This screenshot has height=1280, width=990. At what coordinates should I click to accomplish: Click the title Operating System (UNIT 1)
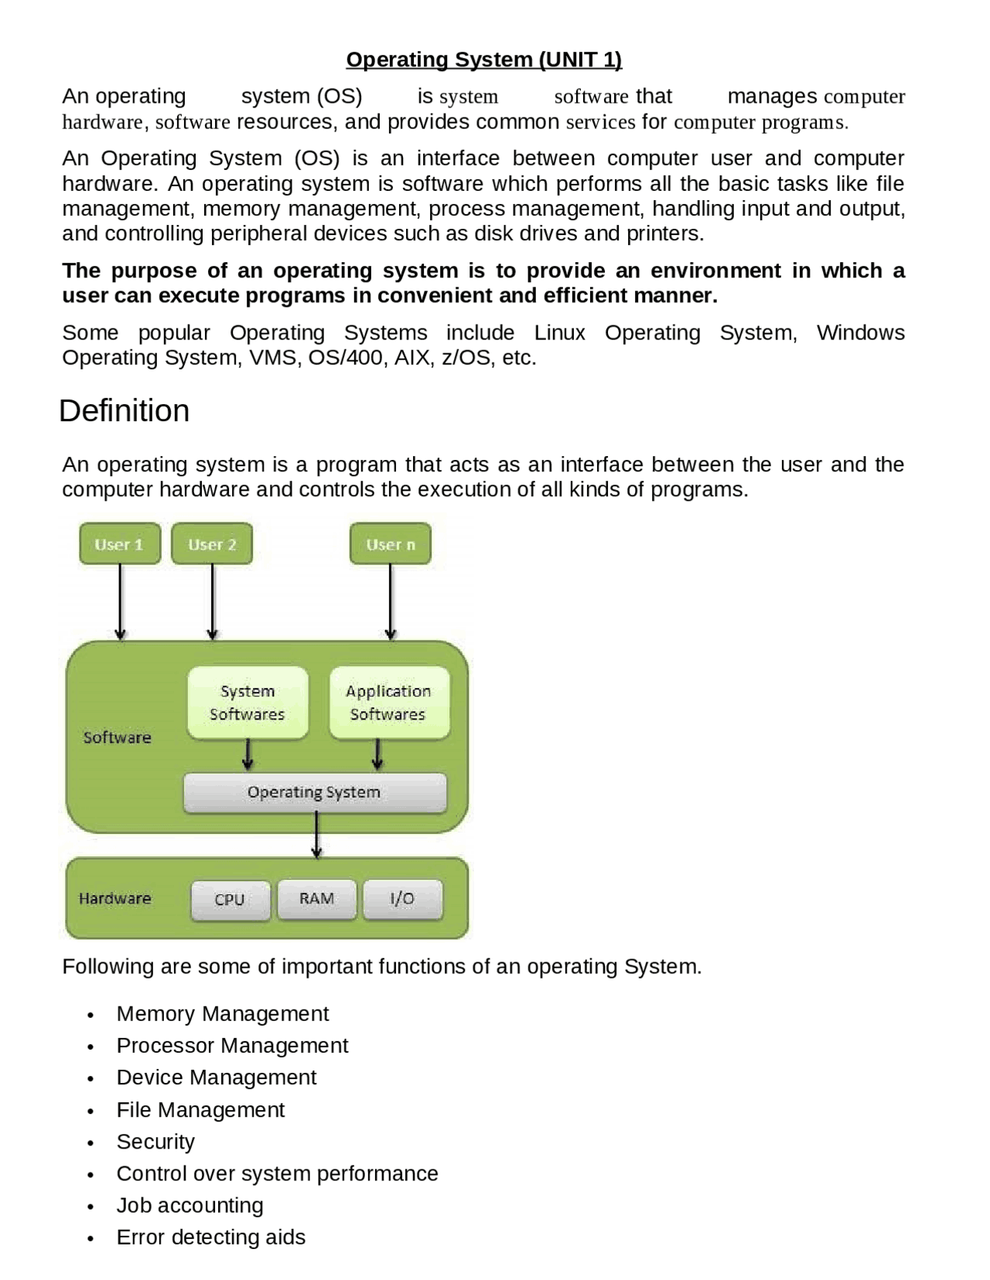(x=483, y=60)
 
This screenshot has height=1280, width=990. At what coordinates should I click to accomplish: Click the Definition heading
(x=124, y=410)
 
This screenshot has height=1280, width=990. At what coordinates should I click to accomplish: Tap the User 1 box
(x=120, y=544)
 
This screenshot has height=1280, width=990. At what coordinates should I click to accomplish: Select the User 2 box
(x=212, y=544)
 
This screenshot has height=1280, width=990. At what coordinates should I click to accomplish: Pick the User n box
(x=391, y=544)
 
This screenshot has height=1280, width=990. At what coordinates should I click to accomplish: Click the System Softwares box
(x=247, y=703)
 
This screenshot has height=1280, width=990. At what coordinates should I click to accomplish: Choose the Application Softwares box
(x=388, y=703)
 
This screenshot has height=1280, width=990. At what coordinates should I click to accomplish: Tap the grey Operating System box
(x=314, y=792)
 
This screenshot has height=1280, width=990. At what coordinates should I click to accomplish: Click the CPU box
(x=230, y=900)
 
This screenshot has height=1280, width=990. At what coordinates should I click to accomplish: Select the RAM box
(x=317, y=899)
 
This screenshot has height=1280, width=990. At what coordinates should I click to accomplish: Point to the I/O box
(x=402, y=899)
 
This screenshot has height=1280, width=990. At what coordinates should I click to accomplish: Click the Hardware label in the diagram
(x=115, y=899)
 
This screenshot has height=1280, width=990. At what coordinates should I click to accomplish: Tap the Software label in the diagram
(x=118, y=737)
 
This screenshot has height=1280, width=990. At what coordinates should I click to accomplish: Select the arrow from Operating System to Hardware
(x=316, y=836)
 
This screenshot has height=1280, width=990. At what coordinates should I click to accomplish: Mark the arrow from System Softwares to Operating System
(x=247, y=755)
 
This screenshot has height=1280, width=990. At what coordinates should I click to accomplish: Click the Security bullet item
(x=155, y=1142)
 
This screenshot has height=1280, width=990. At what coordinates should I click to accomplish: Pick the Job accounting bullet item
(x=189, y=1205)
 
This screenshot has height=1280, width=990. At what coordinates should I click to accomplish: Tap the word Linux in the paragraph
(x=559, y=333)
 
